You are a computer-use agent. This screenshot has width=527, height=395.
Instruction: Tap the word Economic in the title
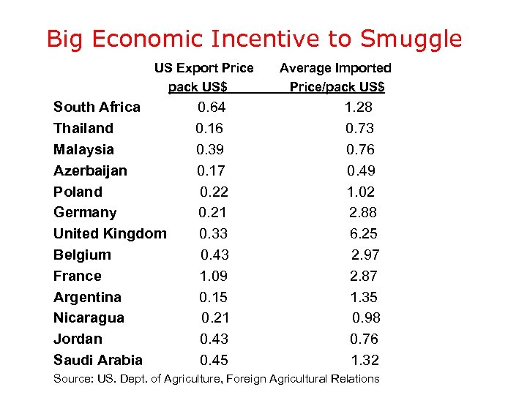pos(154,39)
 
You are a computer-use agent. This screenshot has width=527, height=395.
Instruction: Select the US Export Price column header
pos(203,78)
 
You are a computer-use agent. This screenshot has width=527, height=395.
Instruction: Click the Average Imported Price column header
pos(336,78)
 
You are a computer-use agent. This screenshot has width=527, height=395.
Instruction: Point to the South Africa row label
pos(97,108)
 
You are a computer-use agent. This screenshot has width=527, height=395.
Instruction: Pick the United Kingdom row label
pos(110,234)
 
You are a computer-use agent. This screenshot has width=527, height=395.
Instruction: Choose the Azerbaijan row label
pos(90,170)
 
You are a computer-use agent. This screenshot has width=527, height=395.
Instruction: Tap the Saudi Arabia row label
pos(98,360)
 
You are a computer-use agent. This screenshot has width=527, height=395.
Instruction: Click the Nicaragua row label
pos(89,318)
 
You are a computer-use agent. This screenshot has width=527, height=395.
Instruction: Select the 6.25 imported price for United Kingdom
pos(364,234)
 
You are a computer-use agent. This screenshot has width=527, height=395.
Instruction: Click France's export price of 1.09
pos(213,276)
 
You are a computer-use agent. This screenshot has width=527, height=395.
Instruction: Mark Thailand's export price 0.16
pos(209,129)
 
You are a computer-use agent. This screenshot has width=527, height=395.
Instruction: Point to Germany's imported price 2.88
pos(364,213)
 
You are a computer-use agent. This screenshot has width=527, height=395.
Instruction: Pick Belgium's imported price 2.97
pos(365,255)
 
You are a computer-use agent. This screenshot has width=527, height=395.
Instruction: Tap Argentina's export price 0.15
pos(213,297)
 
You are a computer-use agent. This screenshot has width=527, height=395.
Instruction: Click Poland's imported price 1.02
pos(361,192)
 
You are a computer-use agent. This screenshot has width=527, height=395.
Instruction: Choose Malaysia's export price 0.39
pos(210,149)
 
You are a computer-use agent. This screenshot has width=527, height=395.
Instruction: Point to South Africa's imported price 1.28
pos(359,108)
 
